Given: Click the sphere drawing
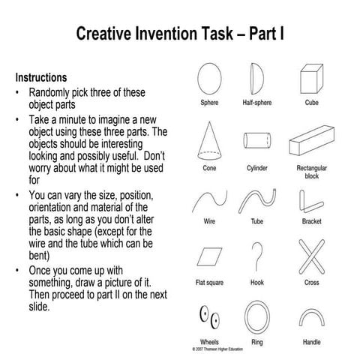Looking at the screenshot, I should point(209,77).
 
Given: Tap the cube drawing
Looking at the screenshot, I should point(310,77).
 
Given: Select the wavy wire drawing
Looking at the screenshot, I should point(209,200).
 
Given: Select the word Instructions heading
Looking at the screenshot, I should point(41,78).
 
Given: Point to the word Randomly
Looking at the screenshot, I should point(53,92).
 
